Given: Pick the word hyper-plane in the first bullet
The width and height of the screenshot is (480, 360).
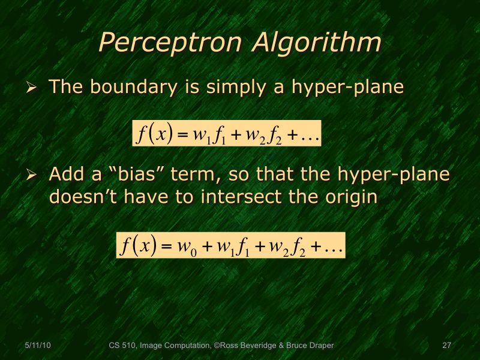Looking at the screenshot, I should tap(347, 88).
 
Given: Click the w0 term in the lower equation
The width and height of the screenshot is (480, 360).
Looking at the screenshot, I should tap(186, 246).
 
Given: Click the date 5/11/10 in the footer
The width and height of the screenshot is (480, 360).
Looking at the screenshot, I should tap(38, 345).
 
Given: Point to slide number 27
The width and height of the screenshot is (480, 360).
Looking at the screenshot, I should tap(446, 345).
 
